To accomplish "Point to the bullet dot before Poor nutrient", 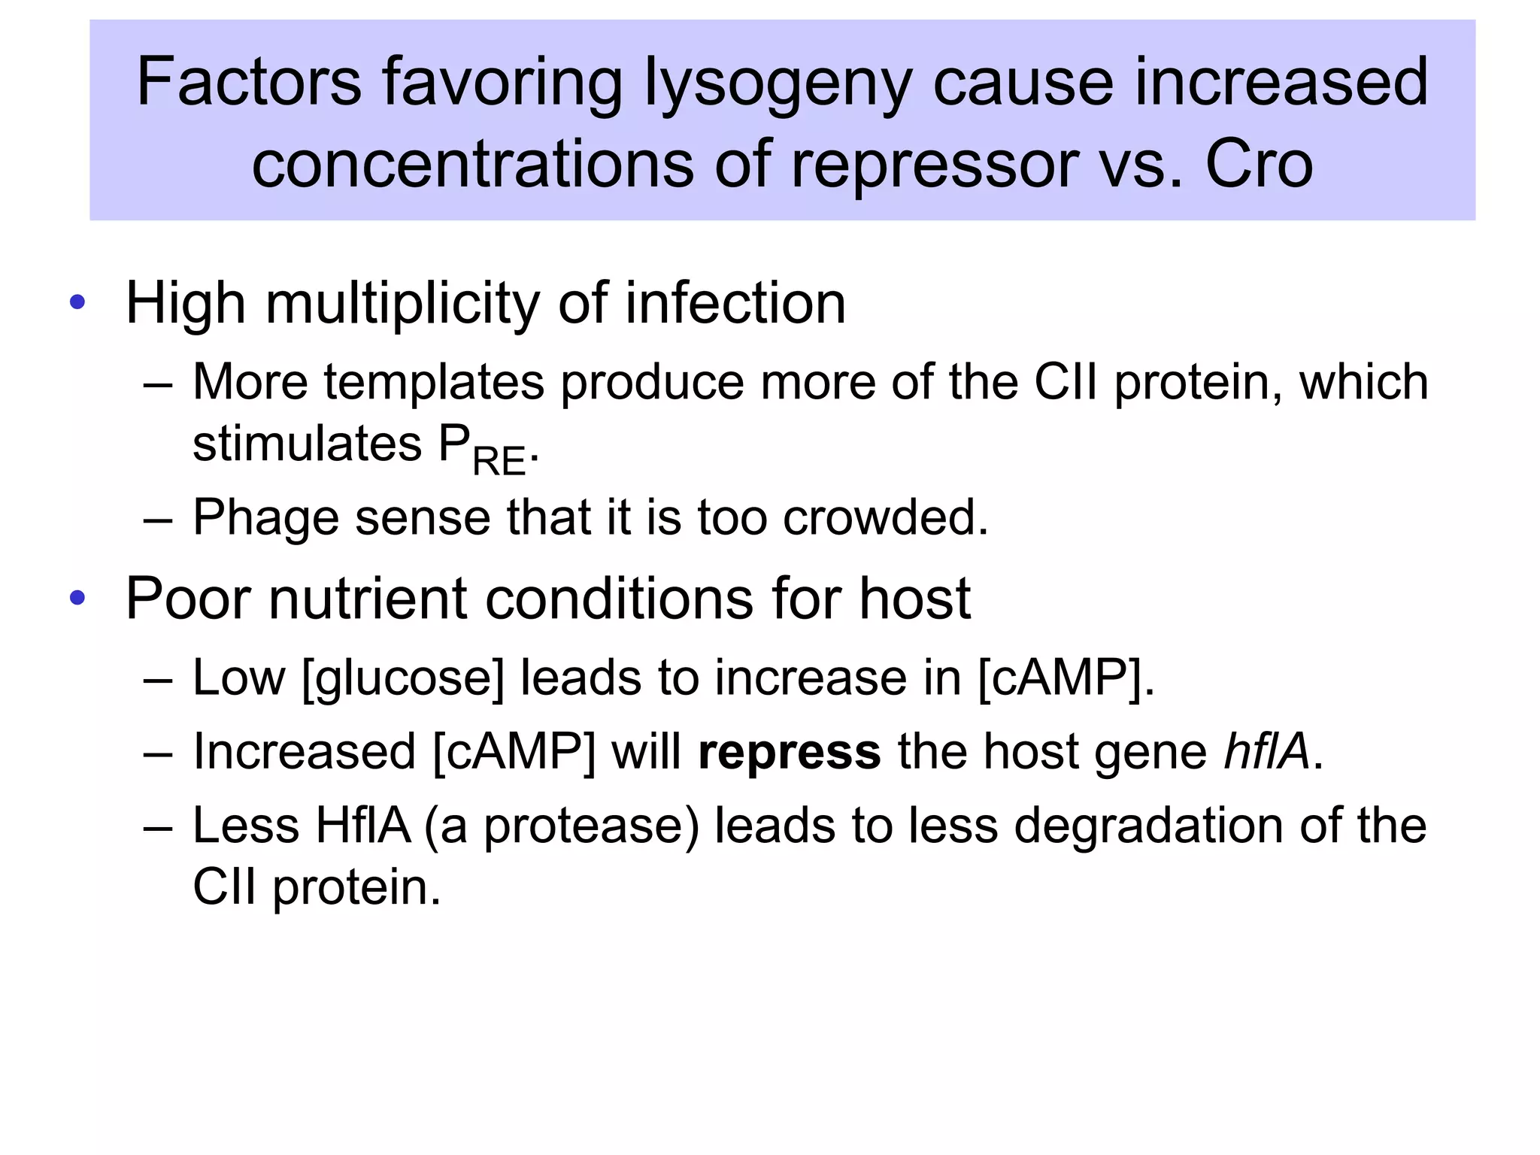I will [77, 598].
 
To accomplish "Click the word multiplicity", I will [402, 304].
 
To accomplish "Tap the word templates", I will [434, 382].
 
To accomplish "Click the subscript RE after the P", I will [499, 460].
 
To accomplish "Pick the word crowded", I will [885, 517].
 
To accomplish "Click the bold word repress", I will [789, 752].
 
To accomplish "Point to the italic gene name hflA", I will [1267, 751].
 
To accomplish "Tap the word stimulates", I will [307, 444].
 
